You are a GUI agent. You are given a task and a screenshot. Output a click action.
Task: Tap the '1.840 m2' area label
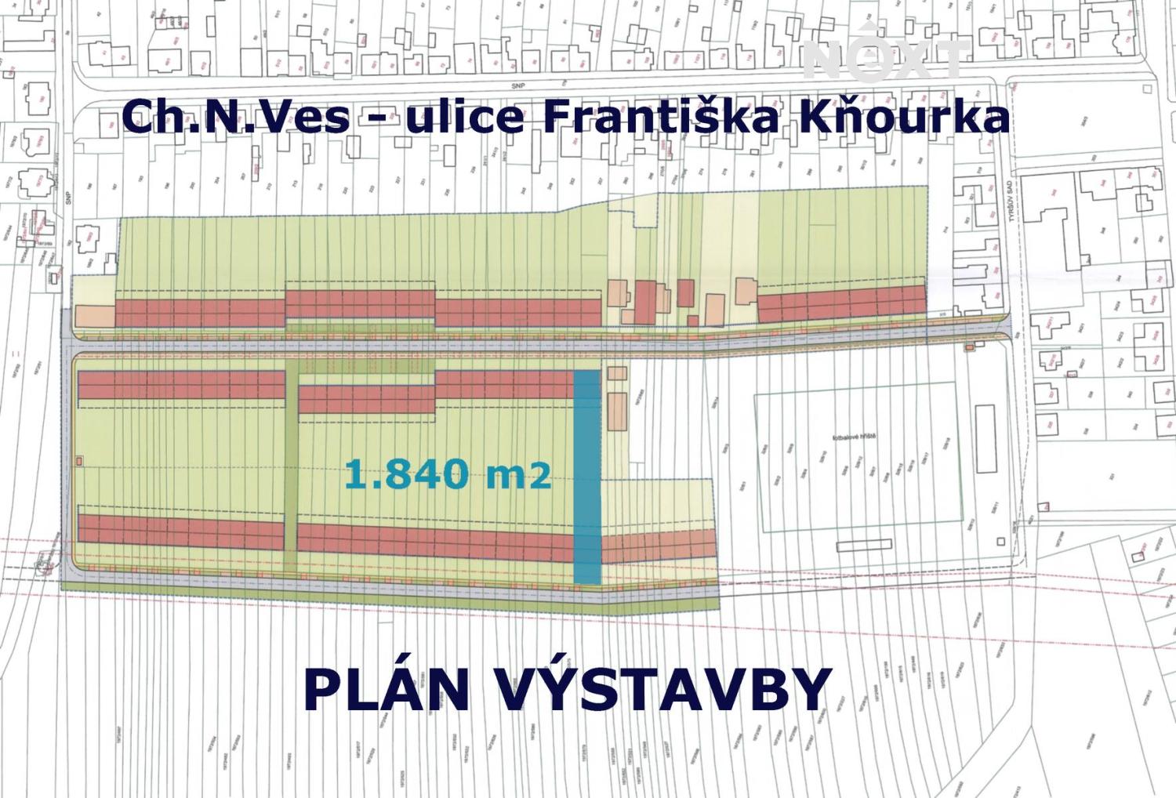448,473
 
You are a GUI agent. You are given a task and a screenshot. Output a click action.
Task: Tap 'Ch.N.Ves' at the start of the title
236,118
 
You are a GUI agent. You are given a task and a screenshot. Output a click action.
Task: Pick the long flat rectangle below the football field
863,545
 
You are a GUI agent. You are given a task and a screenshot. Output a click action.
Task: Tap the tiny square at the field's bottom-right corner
1001,542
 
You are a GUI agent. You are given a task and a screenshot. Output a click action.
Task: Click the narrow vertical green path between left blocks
291,462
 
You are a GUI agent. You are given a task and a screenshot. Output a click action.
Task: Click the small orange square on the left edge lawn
79,461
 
